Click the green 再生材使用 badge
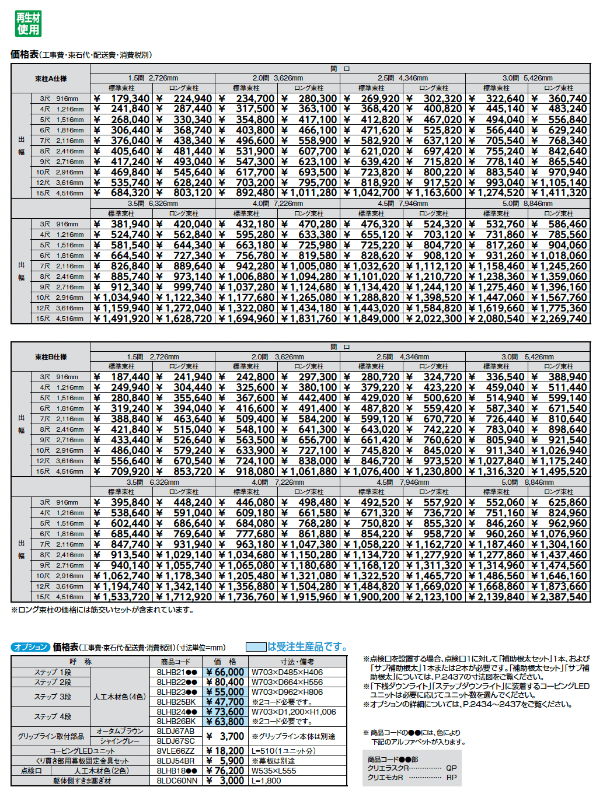tap(28, 24)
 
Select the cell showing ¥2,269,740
tap(559, 319)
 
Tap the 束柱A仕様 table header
tap(51, 79)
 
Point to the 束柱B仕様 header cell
tap(51, 357)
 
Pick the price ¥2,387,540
tap(559, 597)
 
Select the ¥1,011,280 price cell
tap(309, 193)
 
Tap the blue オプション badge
tap(30, 647)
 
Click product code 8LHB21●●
tap(177, 672)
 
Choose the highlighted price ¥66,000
tap(225, 672)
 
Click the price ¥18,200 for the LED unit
tap(225, 751)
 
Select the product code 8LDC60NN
tap(177, 781)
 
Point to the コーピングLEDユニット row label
tap(82, 751)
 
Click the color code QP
tap(451, 768)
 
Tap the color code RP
tap(451, 778)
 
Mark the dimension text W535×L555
tap(274, 771)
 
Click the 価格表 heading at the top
tap(25, 54)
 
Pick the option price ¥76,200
tap(225, 771)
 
